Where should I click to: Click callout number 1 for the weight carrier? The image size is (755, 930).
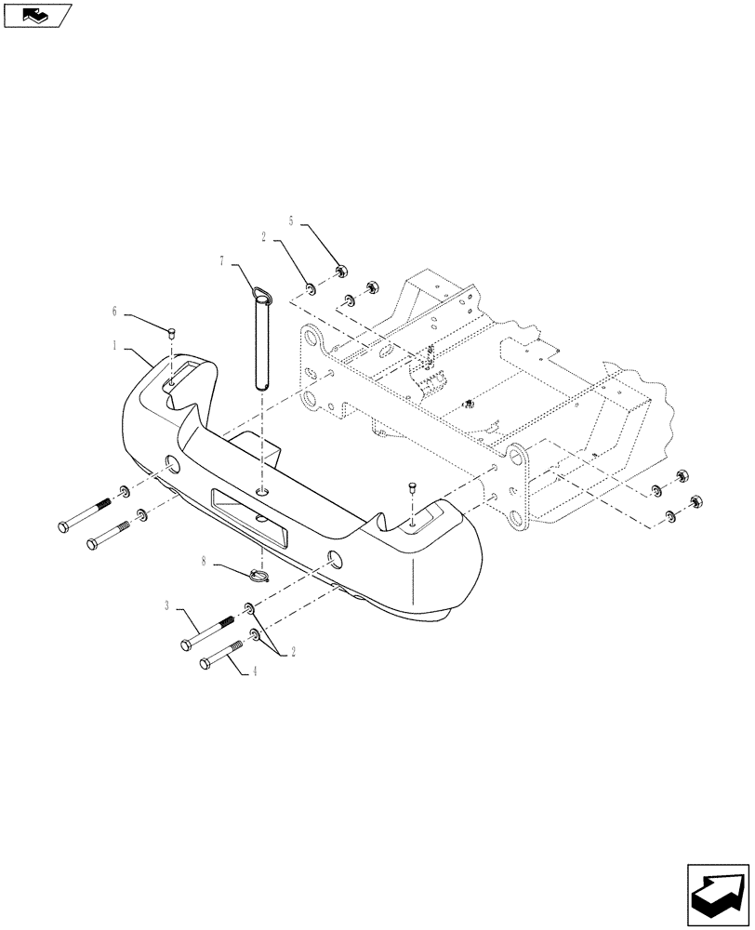(114, 345)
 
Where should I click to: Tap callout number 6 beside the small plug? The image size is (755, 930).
(114, 311)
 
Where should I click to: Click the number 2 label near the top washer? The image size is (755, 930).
(265, 238)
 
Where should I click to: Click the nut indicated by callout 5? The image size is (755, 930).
(340, 272)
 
